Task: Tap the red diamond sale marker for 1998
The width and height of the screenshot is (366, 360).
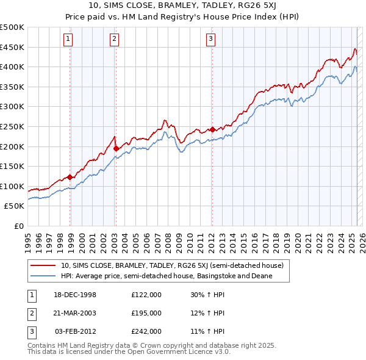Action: tap(70, 177)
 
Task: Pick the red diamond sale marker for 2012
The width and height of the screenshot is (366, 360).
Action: tap(212, 129)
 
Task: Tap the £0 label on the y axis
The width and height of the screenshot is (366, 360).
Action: tap(18, 226)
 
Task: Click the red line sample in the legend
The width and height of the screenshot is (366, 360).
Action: tap(43, 265)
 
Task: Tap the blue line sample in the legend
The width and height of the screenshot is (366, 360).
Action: tap(43, 276)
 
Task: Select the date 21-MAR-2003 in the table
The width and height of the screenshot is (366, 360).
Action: tap(76, 313)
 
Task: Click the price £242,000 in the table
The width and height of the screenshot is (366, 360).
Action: tap(146, 331)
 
